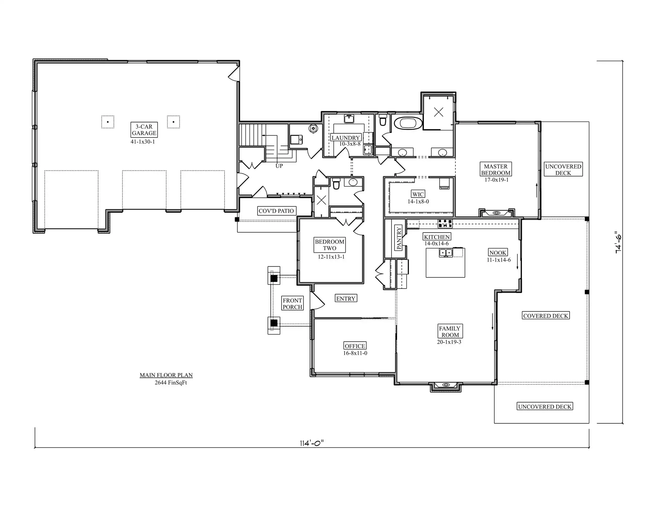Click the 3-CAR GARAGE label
coord(144,130)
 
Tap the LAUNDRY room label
coord(346,138)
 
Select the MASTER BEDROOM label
coord(496,169)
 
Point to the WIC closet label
coord(418,194)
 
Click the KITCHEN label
coord(437,237)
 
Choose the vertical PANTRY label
coord(399,238)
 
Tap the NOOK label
coord(498,252)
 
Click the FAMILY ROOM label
coord(450,332)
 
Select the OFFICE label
coord(355,346)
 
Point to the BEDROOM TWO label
coord(330,245)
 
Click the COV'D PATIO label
coord(276,211)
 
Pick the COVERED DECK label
coord(546,316)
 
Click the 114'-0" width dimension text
coord(312,443)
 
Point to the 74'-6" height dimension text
coord(618,242)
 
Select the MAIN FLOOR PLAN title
coord(166,375)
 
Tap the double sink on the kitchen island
coord(446,253)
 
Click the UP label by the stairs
coord(279,166)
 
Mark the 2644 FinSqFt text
coord(171,383)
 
